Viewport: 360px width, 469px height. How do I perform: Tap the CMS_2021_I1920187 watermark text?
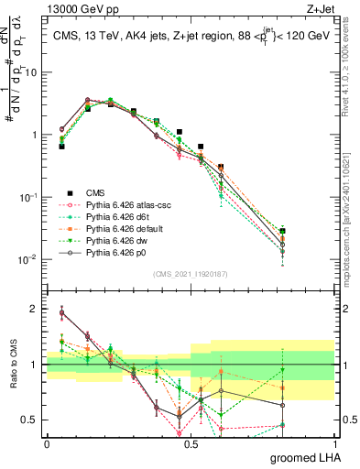pyautogui.click(x=191, y=273)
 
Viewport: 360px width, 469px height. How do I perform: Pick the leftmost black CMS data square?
pyautogui.click(x=61, y=146)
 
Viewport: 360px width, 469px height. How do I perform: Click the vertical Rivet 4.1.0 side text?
pyautogui.click(x=352, y=82)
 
